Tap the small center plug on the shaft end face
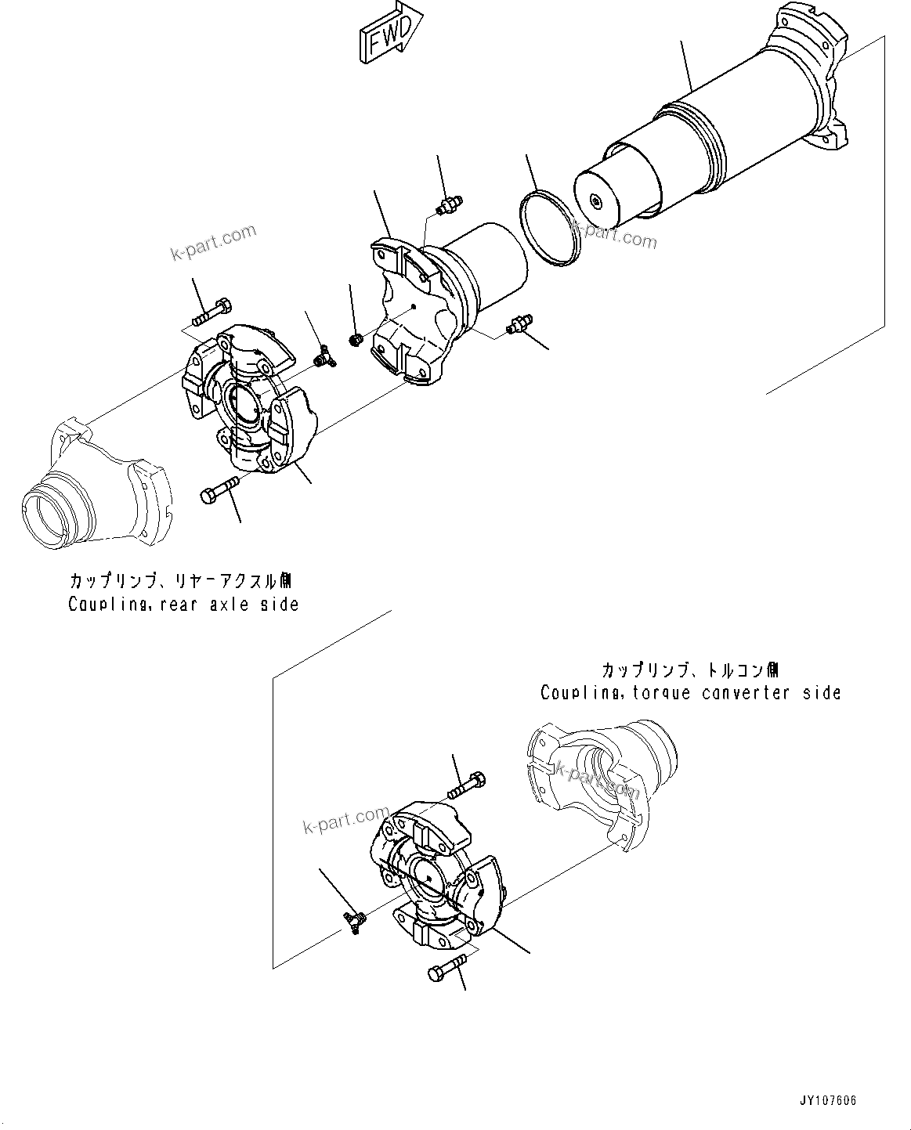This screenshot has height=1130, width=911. coord(598,203)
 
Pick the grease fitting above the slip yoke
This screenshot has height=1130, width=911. coord(448,206)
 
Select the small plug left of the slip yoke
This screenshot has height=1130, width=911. coord(354,339)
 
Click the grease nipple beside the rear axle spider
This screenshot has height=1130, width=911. coord(320,358)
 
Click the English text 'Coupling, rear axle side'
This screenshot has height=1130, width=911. coord(183,605)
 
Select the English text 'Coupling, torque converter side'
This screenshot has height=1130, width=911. coord(690,693)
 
